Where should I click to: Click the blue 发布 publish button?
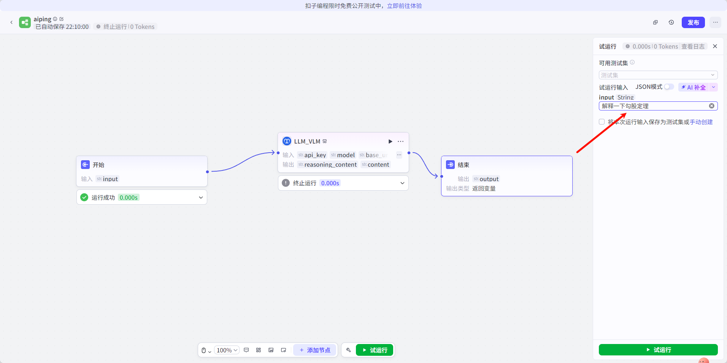(x=693, y=22)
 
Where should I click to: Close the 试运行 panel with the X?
(x=715, y=46)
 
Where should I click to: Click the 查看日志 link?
(x=693, y=46)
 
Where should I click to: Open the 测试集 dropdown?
(x=658, y=75)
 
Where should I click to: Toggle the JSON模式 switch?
(x=669, y=87)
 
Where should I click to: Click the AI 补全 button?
(x=694, y=87)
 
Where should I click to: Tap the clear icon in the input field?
(x=711, y=106)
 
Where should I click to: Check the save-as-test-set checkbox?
(x=602, y=122)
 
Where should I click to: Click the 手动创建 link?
(x=701, y=122)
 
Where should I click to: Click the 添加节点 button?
(x=315, y=350)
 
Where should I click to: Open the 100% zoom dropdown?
(x=227, y=350)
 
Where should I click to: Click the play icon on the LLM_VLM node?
(x=390, y=141)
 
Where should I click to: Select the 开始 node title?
(x=98, y=165)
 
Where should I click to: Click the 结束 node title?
(x=464, y=165)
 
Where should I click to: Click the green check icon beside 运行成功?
(x=84, y=197)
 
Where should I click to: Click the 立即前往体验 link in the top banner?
(x=404, y=6)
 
